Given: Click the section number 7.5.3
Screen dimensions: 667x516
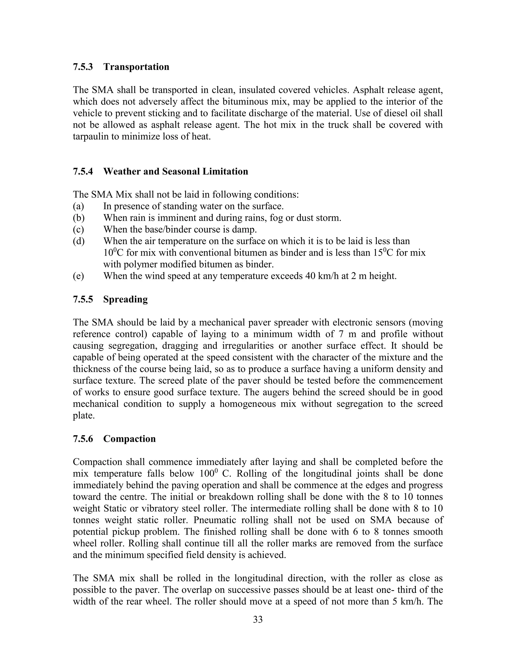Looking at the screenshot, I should [x=83, y=67].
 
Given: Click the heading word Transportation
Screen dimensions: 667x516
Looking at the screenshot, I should [x=136, y=67].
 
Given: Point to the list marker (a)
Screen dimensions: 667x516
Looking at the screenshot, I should [x=78, y=206].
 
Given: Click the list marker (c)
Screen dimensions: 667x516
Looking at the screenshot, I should [x=78, y=230].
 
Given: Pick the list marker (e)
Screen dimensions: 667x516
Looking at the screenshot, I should [x=78, y=276].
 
